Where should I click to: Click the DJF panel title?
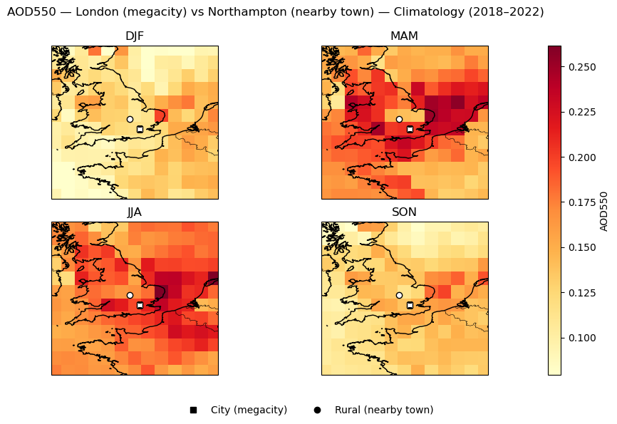click(134, 36)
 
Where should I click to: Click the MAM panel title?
click(404, 36)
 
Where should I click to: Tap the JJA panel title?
click(134, 212)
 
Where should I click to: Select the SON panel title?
click(404, 212)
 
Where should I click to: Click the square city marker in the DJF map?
click(140, 129)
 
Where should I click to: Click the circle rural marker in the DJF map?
click(130, 119)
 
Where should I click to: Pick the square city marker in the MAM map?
click(410, 129)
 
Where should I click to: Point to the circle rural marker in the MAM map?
click(399, 119)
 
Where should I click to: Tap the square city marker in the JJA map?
click(140, 305)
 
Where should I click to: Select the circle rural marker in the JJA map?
click(130, 295)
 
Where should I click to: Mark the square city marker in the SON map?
click(410, 305)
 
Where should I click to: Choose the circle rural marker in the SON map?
click(399, 295)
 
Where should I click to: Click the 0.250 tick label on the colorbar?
click(579, 67)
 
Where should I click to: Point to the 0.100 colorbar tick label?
click(579, 338)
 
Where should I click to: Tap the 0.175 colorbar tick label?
click(579, 202)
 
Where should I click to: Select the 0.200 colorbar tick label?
click(579, 157)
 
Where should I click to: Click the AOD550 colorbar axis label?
click(604, 211)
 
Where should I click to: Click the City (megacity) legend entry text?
click(249, 410)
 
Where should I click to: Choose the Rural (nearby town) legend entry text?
click(383, 410)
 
